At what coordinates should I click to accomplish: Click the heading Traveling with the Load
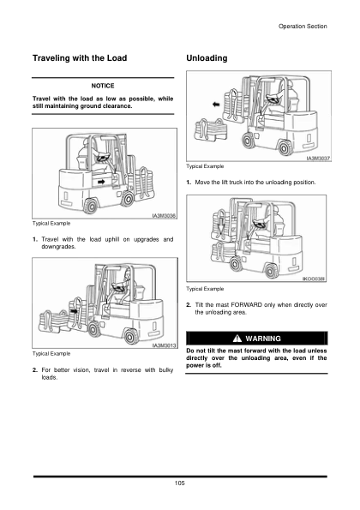click(80, 58)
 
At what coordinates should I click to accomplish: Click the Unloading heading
click(207, 58)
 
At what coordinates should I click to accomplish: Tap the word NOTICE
click(103, 86)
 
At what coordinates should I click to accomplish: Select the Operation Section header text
click(303, 27)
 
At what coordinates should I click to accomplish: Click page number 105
click(180, 483)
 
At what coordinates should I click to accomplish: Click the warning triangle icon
click(237, 339)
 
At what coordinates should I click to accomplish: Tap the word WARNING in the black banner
click(263, 339)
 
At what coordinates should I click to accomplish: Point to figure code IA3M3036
click(165, 216)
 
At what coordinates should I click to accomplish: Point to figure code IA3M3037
click(319, 159)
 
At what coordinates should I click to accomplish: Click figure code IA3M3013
click(165, 345)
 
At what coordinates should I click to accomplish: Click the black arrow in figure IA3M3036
click(101, 182)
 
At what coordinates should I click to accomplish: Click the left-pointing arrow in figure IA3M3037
click(216, 105)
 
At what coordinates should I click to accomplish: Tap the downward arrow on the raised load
click(221, 225)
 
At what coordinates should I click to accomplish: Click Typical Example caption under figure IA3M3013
click(51, 353)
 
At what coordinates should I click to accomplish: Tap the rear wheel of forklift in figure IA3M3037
click(285, 147)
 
